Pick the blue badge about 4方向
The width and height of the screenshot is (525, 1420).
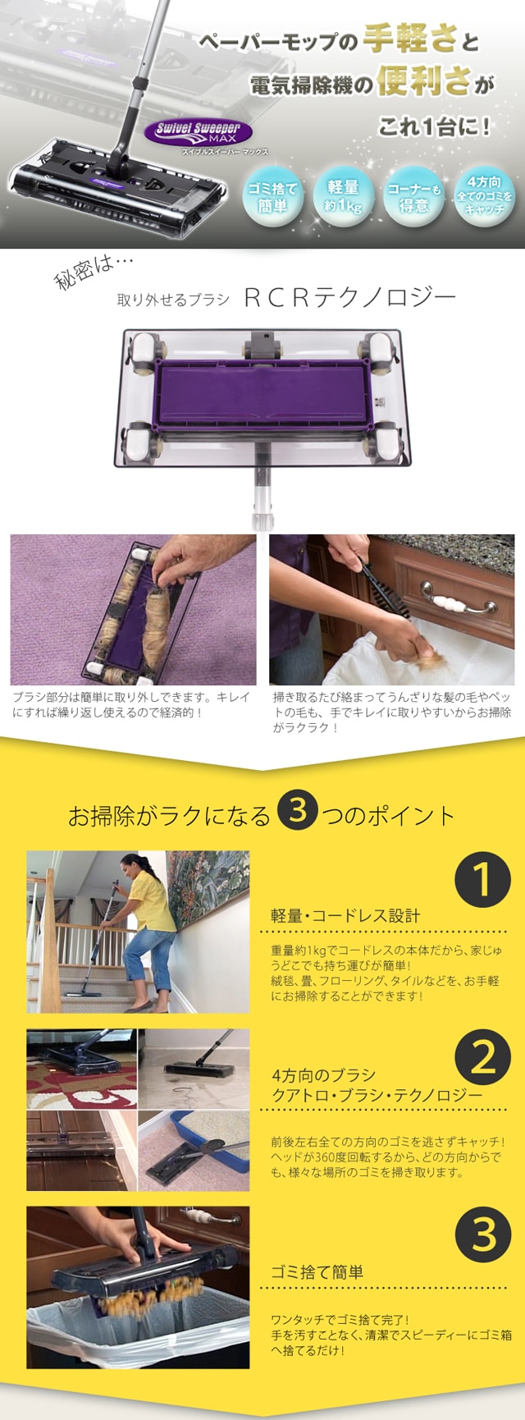click(485, 195)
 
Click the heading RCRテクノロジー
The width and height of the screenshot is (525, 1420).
click(349, 297)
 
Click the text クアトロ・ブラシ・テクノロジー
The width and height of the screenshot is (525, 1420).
click(377, 1096)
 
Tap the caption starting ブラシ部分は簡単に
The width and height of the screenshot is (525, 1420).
click(131, 704)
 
